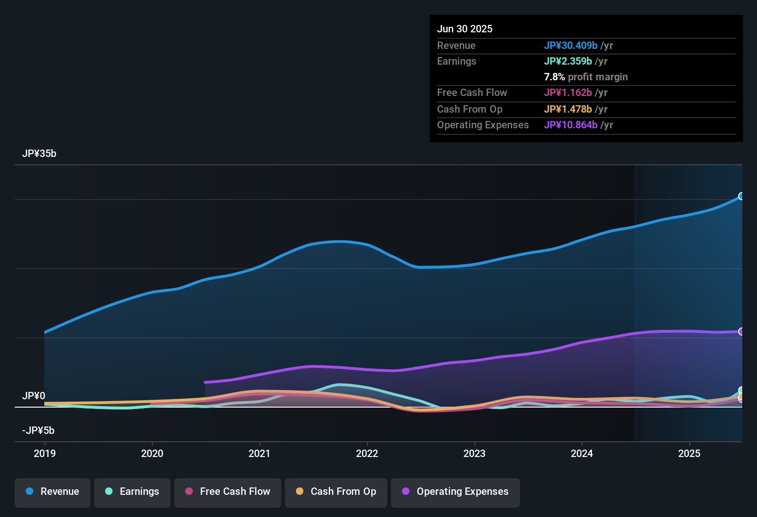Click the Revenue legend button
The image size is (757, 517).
click(53, 492)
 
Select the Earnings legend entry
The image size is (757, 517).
click(132, 492)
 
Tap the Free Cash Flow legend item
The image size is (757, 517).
click(228, 492)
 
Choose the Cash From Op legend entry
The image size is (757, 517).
click(336, 492)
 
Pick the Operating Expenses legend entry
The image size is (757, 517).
click(455, 492)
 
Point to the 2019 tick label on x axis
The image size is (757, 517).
click(45, 453)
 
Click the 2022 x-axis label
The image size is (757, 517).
click(367, 453)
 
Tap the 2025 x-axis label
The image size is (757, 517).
click(689, 453)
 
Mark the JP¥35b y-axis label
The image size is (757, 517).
click(39, 154)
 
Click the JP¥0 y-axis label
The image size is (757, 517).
click(34, 396)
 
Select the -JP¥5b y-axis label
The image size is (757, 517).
click(38, 431)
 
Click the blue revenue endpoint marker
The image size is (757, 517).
click(741, 196)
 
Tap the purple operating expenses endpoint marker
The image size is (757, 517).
click(741, 331)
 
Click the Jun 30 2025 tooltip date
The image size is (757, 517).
click(465, 29)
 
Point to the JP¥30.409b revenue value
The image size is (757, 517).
click(571, 45)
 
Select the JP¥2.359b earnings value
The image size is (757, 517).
click(568, 61)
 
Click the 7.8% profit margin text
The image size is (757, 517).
click(585, 77)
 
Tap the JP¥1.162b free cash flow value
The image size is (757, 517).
click(568, 92)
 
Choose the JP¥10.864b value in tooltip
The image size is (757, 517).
click(571, 125)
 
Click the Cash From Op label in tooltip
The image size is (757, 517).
click(470, 109)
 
